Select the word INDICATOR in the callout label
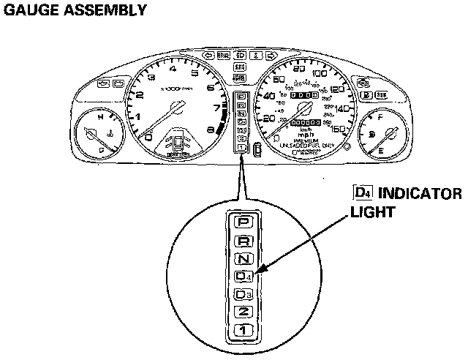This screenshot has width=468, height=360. pos(419,194)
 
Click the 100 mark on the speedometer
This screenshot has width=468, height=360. pos(320,73)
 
